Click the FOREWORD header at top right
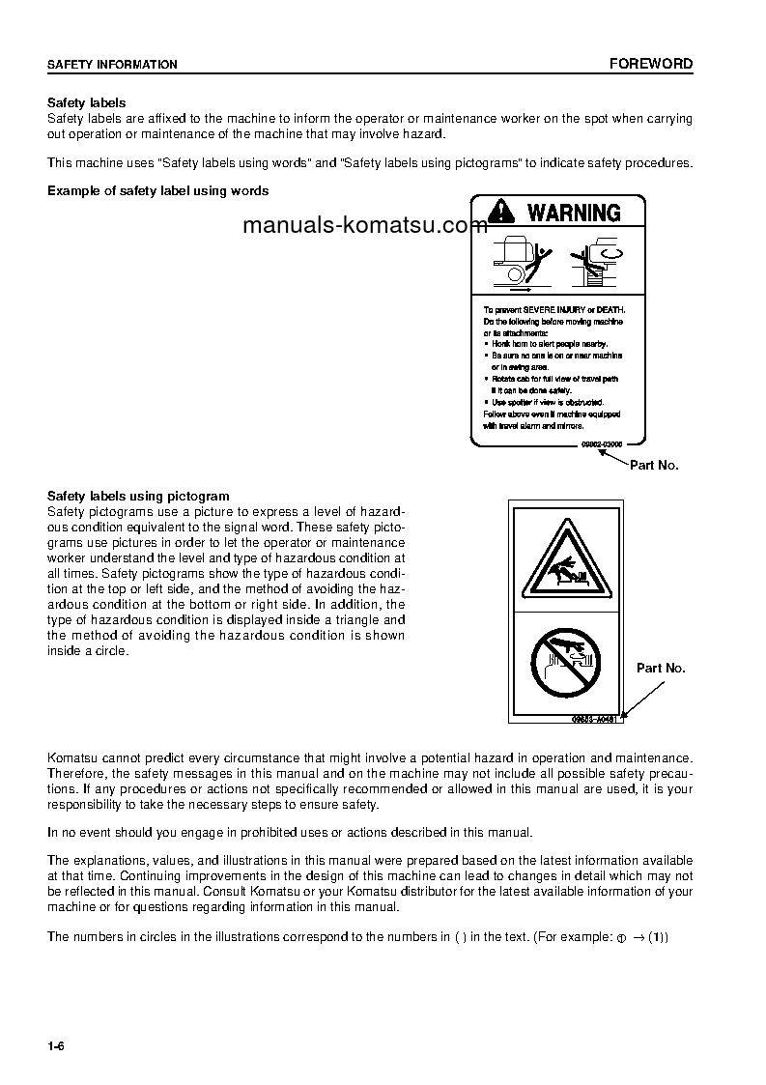tap(650, 64)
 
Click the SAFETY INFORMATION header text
tap(113, 65)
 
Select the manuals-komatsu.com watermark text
tap(352, 226)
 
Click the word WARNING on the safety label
tap(574, 213)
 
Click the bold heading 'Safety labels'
tap(87, 102)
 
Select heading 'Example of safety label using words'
tap(158, 191)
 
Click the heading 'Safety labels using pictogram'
tap(138, 497)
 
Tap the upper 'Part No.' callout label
tap(654, 466)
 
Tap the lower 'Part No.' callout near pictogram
tap(661, 669)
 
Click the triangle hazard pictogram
tap(566, 561)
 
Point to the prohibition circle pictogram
tap(566, 662)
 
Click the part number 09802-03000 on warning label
tap(600, 443)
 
